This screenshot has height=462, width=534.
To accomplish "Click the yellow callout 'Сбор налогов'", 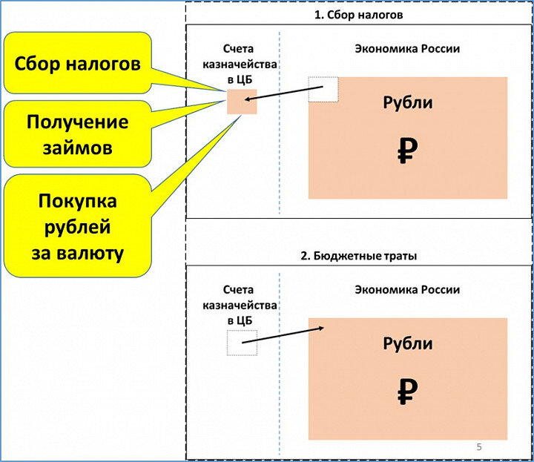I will (x=78, y=64).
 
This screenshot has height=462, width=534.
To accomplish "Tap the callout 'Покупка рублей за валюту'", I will (x=77, y=226).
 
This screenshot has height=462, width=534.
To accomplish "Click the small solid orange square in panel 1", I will (x=242, y=101).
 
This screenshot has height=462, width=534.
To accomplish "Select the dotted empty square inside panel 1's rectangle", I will (x=323, y=89).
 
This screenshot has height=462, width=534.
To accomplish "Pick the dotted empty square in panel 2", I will (x=242, y=343).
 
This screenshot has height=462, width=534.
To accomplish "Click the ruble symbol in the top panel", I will (x=407, y=152).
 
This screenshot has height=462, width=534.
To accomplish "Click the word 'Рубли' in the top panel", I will (x=407, y=103).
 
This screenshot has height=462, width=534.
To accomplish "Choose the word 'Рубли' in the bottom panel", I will (x=407, y=343).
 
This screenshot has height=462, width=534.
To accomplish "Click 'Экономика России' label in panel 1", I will (x=407, y=49).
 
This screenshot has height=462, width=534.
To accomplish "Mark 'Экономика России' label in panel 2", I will (x=407, y=289).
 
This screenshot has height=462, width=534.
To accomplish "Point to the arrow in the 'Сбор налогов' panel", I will (x=286, y=95).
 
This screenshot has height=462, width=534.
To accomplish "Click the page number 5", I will (x=478, y=446).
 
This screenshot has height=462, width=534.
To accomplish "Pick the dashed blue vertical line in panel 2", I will (x=280, y=386).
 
